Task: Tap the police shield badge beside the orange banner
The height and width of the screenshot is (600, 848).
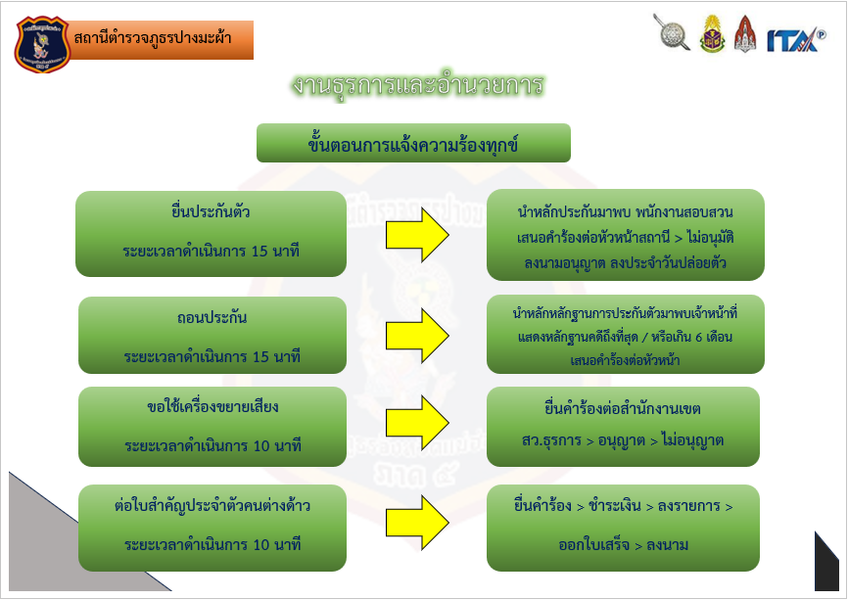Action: pyautogui.click(x=42, y=40)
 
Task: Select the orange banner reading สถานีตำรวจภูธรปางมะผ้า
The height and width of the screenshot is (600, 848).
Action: pyautogui.click(x=161, y=40)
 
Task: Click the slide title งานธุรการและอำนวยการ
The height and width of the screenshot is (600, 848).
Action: pyautogui.click(x=417, y=85)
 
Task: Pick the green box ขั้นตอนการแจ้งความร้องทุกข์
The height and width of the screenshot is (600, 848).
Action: pyautogui.click(x=413, y=144)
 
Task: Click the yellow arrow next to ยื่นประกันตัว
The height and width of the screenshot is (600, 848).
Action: pyautogui.click(x=417, y=235)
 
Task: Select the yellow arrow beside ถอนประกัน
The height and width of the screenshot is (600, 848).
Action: pyautogui.click(x=417, y=333)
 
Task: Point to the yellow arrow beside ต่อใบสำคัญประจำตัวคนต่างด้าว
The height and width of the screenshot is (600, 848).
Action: pyautogui.click(x=417, y=523)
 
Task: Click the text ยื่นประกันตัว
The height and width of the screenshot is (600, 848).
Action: pyautogui.click(x=212, y=211)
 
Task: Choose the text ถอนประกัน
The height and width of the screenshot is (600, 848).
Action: pyautogui.click(x=212, y=318)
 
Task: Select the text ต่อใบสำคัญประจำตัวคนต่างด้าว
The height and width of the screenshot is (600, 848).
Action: pyautogui.click(x=212, y=505)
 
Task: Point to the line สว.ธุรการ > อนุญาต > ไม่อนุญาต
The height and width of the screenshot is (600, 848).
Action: pyautogui.click(x=623, y=440)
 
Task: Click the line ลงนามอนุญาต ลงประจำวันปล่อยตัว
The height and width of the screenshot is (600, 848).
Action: pyautogui.click(x=625, y=263)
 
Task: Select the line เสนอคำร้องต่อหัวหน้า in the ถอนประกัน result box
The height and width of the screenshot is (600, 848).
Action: pyautogui.click(x=625, y=359)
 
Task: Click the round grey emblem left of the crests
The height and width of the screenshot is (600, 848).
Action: pyautogui.click(x=672, y=32)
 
